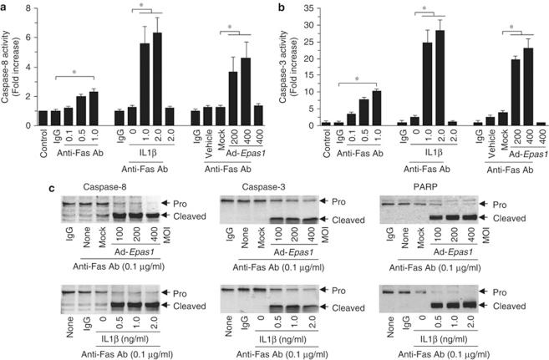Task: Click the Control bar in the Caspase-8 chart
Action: click(43, 118)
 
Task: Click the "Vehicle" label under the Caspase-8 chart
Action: click(195, 139)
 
